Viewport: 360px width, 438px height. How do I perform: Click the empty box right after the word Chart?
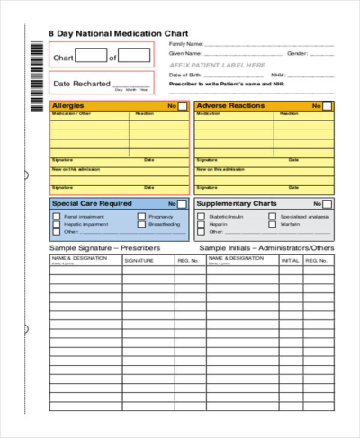pos(90,57)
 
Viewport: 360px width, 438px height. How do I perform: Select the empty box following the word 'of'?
pos(135,57)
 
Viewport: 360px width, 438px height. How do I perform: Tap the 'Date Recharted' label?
pos(81,84)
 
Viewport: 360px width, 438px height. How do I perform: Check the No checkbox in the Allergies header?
pos(183,106)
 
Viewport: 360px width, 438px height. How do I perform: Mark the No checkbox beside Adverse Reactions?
pos(328,106)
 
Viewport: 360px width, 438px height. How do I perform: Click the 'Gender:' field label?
pos(296,53)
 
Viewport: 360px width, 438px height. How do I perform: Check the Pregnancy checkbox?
pos(141,217)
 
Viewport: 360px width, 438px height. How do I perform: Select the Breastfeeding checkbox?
pos(141,225)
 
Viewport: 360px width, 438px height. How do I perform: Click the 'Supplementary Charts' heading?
pos(238,204)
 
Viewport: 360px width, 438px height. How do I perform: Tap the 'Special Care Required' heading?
pos(92,204)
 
